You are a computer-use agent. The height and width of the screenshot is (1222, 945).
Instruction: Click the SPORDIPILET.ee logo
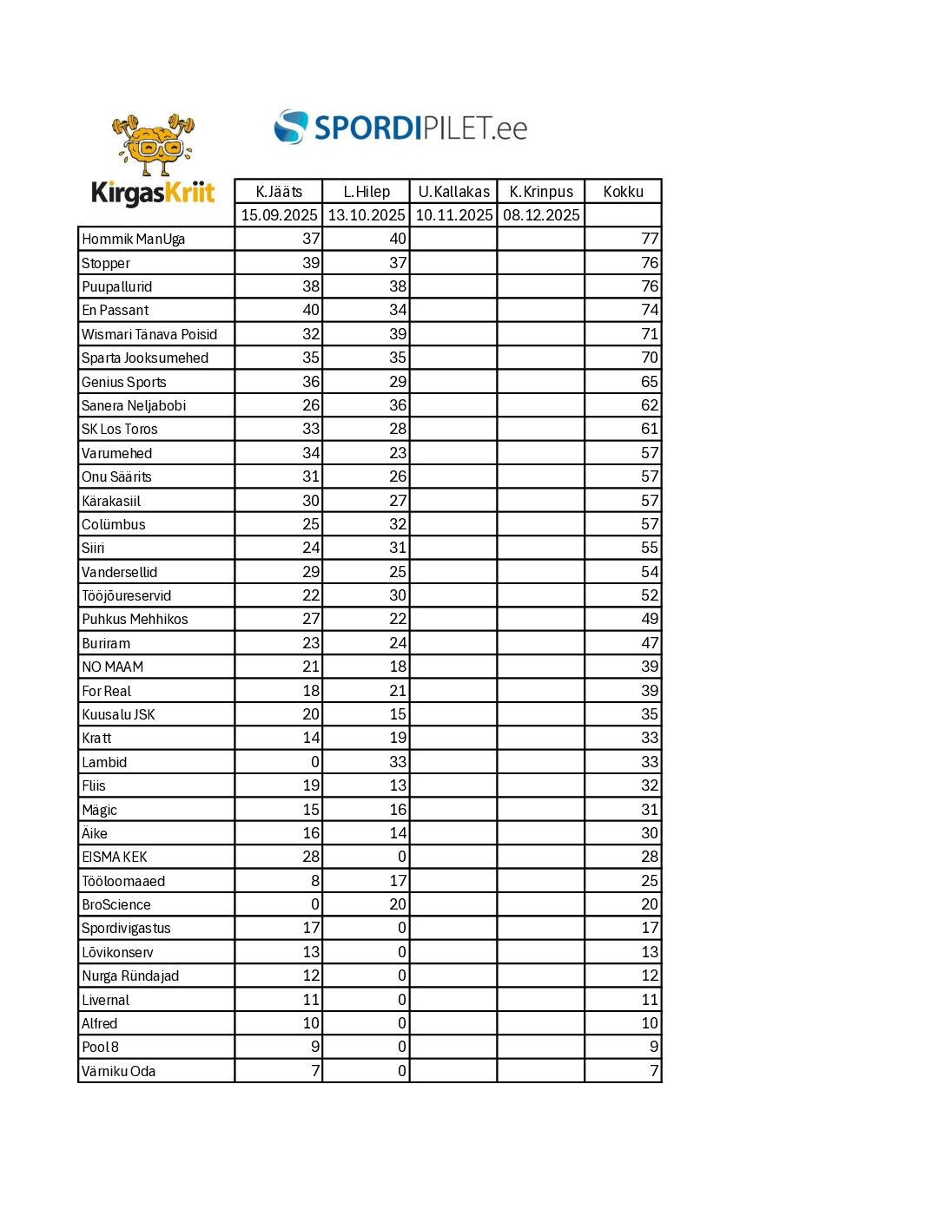tap(401, 128)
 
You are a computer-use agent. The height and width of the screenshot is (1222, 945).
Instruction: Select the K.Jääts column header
tap(279, 192)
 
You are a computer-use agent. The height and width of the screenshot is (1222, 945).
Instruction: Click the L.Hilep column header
tap(367, 192)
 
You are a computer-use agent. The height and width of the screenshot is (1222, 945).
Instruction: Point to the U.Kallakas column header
tap(453, 192)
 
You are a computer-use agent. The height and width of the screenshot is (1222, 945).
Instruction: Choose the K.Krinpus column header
tap(541, 192)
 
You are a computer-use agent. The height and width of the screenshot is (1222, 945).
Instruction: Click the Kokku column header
tap(624, 192)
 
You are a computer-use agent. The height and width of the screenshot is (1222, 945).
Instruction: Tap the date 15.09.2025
tap(279, 215)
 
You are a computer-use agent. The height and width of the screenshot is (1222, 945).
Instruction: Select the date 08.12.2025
tap(541, 215)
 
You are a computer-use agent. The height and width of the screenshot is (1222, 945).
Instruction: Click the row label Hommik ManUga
tap(133, 240)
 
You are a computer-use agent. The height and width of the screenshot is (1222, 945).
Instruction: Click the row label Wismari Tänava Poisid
tap(149, 334)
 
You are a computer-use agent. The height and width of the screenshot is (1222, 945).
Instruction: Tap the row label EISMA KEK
tap(115, 857)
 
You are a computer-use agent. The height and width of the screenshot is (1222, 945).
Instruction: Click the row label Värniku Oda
tap(118, 1071)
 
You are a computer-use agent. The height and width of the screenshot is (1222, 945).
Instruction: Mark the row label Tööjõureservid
tap(127, 595)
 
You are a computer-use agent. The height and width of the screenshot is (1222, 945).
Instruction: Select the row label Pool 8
tap(100, 1048)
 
